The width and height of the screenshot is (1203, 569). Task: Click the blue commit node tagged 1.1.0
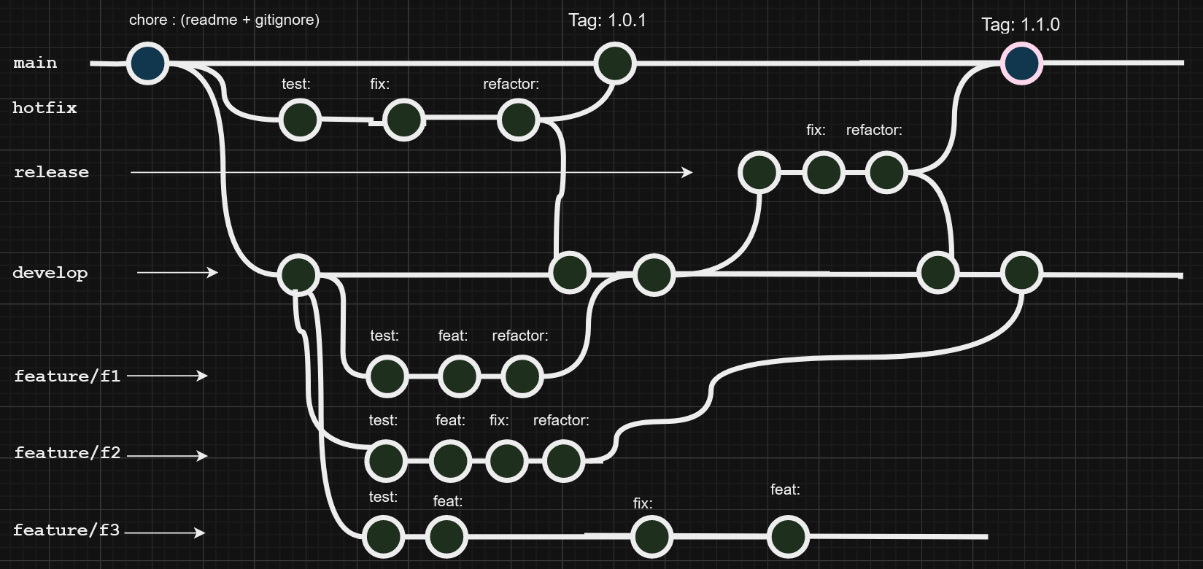(x=1021, y=63)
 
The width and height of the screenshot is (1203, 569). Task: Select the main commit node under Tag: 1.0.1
(x=614, y=63)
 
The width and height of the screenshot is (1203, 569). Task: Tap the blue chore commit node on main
(x=147, y=63)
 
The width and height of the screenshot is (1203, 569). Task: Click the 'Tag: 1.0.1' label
(x=607, y=20)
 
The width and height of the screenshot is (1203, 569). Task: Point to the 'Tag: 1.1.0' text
(x=1020, y=25)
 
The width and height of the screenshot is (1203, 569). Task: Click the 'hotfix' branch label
(x=45, y=108)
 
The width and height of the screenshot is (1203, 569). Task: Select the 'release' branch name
(x=51, y=172)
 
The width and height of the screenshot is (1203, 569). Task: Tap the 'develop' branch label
(x=50, y=273)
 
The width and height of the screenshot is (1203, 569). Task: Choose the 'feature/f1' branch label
(x=67, y=376)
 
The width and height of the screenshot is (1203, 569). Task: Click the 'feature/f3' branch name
(x=66, y=530)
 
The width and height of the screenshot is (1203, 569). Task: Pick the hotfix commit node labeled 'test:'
(x=300, y=120)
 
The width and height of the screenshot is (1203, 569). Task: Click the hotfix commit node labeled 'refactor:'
(x=518, y=120)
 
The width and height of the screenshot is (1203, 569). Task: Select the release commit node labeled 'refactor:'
(x=886, y=173)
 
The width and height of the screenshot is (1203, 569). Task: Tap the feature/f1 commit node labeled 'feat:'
(x=459, y=376)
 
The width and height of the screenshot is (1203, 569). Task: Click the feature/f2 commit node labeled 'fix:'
(x=507, y=461)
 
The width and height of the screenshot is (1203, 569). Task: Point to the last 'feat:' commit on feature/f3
(x=787, y=537)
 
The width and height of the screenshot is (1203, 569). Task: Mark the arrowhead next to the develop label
(x=213, y=272)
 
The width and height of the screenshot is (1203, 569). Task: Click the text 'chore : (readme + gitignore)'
(x=224, y=20)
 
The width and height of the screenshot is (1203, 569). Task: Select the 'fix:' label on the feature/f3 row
(x=643, y=503)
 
